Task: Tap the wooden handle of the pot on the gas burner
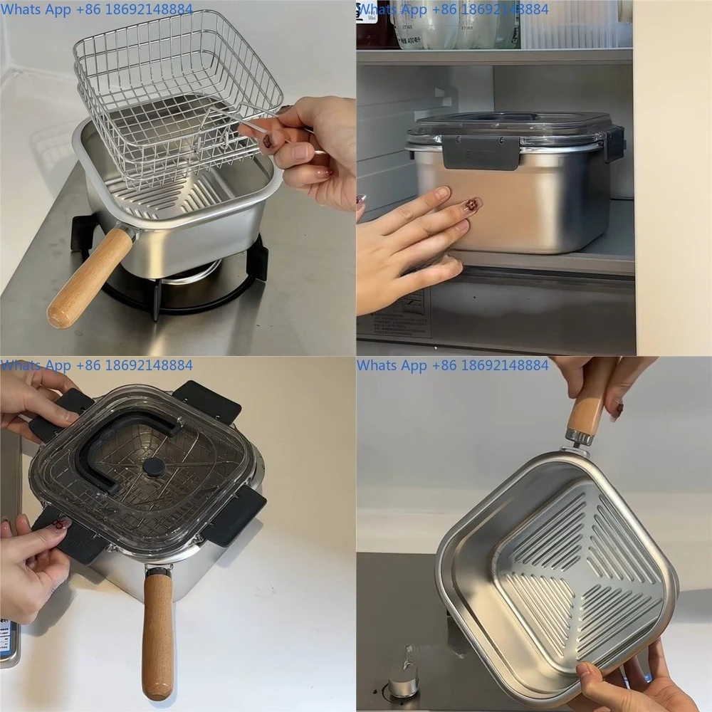pos(89,278)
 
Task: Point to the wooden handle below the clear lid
pos(157,634)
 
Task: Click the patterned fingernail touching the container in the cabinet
pos(469,207)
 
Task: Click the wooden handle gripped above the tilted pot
pos(587,413)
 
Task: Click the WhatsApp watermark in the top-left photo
pos(96,9)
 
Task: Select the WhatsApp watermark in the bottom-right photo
pos(453,365)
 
